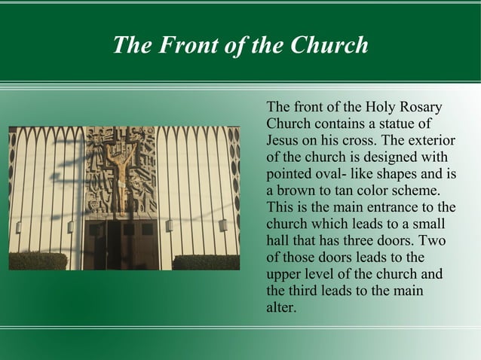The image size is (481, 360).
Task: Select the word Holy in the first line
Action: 382,107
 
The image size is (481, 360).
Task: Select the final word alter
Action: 280,307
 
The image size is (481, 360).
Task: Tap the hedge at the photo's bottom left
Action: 38,261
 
